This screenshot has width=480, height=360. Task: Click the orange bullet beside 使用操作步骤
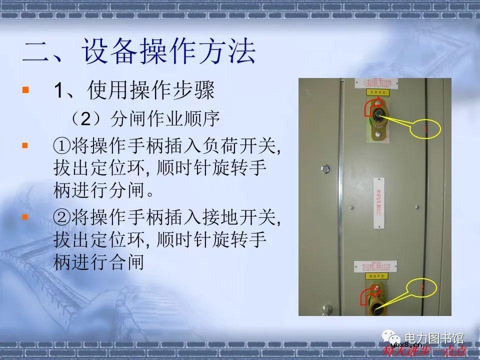pyautogui.click(x=26, y=91)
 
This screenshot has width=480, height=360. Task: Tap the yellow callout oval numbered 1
pyautogui.click(x=425, y=129)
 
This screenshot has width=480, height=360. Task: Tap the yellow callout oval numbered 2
pyautogui.click(x=421, y=288)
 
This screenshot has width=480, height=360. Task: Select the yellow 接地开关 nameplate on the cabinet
pyautogui.click(x=377, y=275)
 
